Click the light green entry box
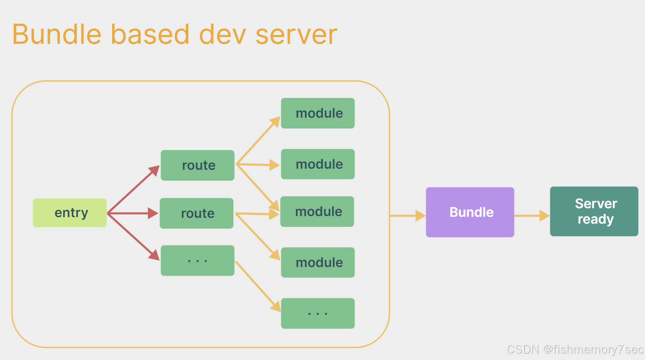(70, 213)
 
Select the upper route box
(198, 165)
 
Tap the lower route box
(197, 213)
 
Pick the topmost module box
(318, 113)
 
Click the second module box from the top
(318, 164)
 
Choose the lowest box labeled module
(318, 262)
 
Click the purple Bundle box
(470, 212)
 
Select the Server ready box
(594, 211)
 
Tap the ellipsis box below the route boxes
(198, 261)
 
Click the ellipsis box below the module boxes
(318, 313)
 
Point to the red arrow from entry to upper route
(133, 189)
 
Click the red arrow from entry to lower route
(133, 213)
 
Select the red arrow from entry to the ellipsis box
(133, 237)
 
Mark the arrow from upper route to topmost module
(258, 140)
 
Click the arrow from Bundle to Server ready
(532, 216)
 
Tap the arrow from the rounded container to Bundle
(408, 216)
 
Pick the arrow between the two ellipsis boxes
(258, 287)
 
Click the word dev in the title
(222, 34)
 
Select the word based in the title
(150, 34)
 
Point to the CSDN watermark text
(575, 349)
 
